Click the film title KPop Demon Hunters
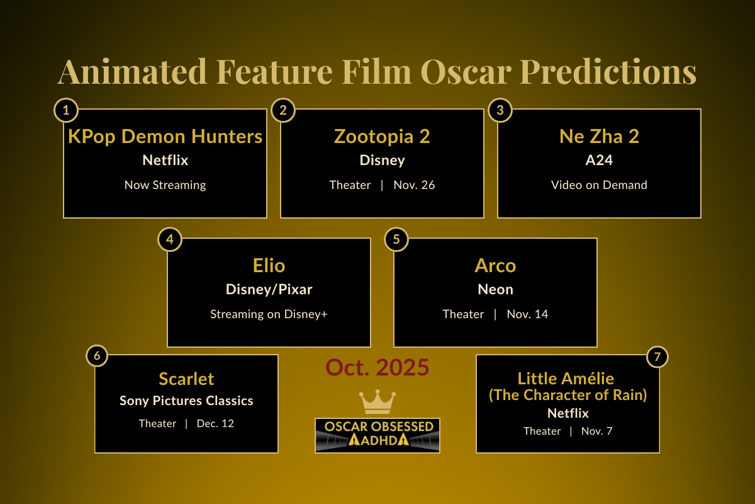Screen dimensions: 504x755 coord(165,136)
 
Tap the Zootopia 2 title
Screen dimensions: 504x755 coord(382,136)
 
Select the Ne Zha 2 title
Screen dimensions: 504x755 coord(599,136)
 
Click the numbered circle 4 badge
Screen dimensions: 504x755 coord(169,239)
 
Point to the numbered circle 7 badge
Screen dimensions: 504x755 coord(657,357)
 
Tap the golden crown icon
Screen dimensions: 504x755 coord(377,401)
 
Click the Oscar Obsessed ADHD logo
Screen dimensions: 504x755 coord(377,435)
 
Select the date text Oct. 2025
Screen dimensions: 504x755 coord(377,367)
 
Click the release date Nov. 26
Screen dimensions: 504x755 coord(414,185)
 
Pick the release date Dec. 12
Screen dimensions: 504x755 coord(215,423)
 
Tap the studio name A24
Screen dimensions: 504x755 coord(599,161)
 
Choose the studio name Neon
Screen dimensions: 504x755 coord(495,289)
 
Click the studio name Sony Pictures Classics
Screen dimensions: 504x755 coord(186,401)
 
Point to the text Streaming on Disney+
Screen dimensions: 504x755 coord(269,314)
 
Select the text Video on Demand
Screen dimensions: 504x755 coord(599,185)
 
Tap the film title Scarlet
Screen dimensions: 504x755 coord(186,379)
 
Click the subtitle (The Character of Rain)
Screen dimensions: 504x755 coord(568,395)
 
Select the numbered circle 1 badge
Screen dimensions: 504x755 coord(65,111)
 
